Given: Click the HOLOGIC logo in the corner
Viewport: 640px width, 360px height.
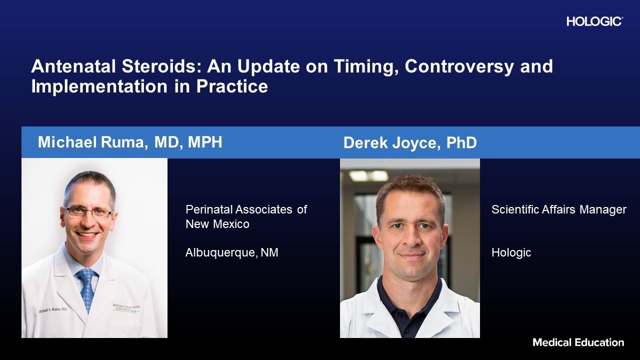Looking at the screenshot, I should (594, 21).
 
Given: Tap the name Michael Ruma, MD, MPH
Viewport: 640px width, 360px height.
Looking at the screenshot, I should (130, 142).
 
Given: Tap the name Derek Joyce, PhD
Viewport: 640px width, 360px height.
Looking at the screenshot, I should (410, 143).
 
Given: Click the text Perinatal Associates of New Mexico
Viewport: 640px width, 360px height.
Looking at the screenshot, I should (246, 216).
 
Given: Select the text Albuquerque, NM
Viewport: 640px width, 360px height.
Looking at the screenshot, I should (231, 253).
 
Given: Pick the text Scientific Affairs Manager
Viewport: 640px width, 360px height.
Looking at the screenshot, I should (558, 209).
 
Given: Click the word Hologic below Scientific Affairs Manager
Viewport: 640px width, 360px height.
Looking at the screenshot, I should (511, 253).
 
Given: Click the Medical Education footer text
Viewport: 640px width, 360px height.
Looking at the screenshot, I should (578, 342).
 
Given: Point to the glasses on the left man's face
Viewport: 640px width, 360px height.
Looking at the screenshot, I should (88, 211).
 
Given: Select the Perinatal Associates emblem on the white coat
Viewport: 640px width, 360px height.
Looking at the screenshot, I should (126, 307).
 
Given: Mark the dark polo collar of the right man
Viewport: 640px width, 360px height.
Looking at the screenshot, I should (410, 290).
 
